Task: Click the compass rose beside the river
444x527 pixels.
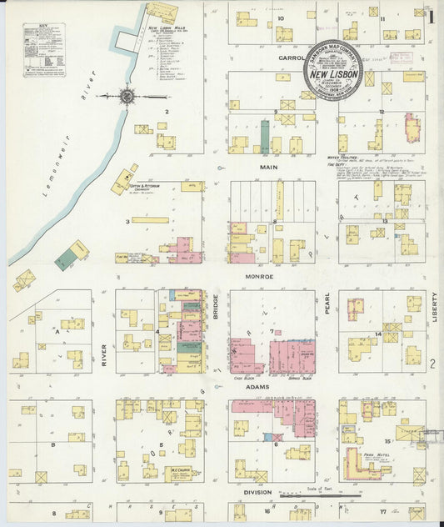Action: point(127,95)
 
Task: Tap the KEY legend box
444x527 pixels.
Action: point(43,50)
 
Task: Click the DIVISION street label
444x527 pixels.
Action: point(261,492)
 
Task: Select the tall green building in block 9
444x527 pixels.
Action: point(265,137)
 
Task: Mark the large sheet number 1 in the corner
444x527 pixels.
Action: point(432,14)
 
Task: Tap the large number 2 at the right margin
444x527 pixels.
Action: point(433,364)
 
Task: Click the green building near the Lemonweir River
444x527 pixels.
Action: point(64,260)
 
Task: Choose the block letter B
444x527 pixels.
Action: point(54,445)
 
